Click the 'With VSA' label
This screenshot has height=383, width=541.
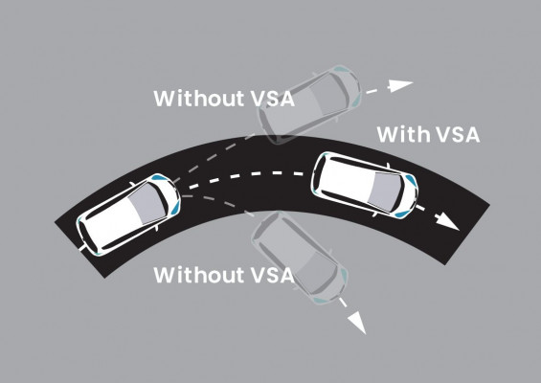(427, 133)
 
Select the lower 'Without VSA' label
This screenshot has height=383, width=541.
(223, 275)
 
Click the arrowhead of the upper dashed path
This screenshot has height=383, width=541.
(403, 85)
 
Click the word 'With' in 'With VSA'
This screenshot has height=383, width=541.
(401, 133)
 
